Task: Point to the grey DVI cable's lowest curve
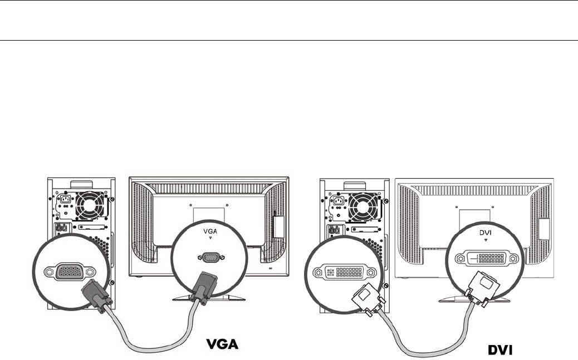tap(423, 352)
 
